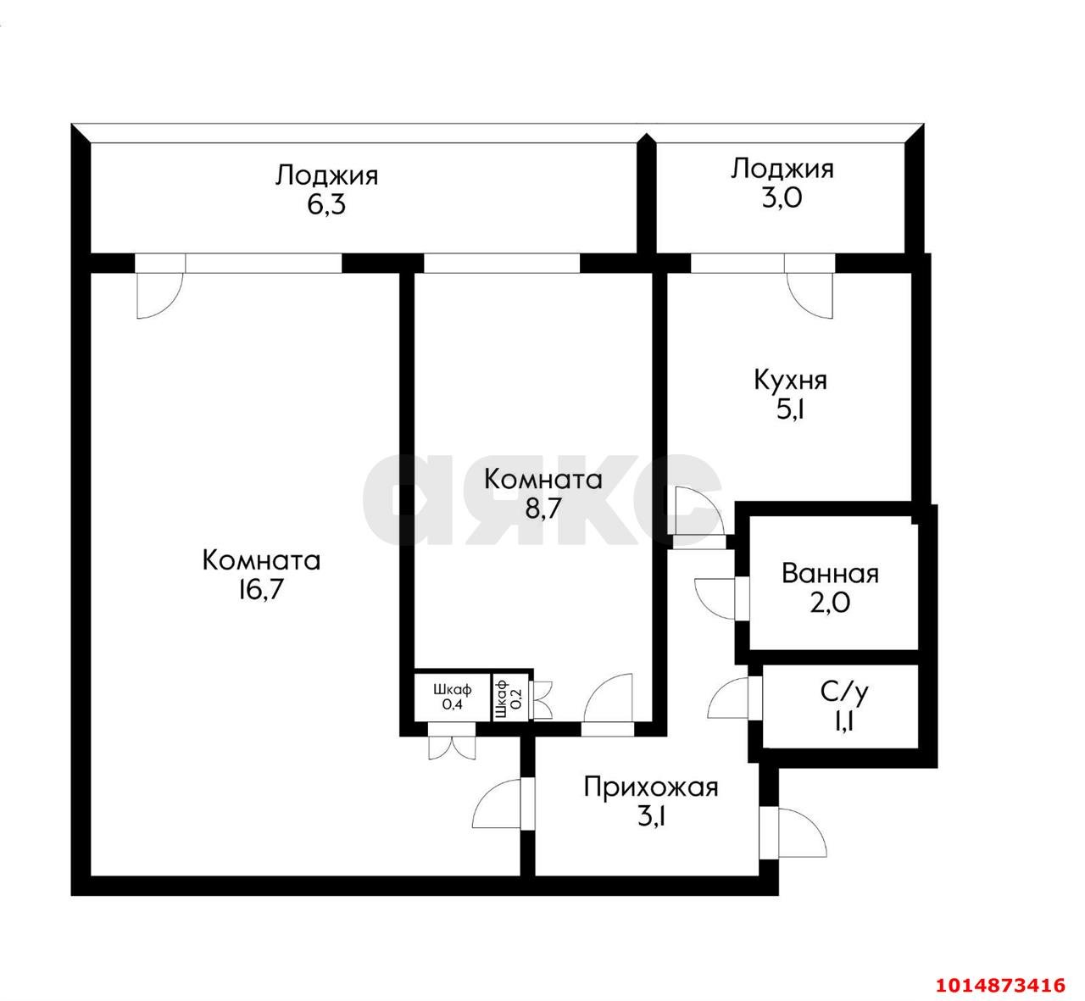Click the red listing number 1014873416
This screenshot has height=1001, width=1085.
(1001, 985)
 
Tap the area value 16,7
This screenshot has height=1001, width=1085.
(260, 590)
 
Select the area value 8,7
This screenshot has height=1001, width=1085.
(543, 509)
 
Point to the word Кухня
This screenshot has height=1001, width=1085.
(790, 381)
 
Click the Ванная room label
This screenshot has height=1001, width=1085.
(830, 575)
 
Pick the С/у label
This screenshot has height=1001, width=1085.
(844, 692)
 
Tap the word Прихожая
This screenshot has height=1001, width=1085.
(651, 789)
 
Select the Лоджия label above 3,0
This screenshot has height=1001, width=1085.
(782, 170)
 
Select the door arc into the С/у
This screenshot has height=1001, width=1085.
(726, 698)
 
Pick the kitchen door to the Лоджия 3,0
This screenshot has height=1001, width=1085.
(810, 296)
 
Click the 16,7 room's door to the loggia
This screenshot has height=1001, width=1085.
(159, 296)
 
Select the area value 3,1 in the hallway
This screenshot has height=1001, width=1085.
(651, 818)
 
